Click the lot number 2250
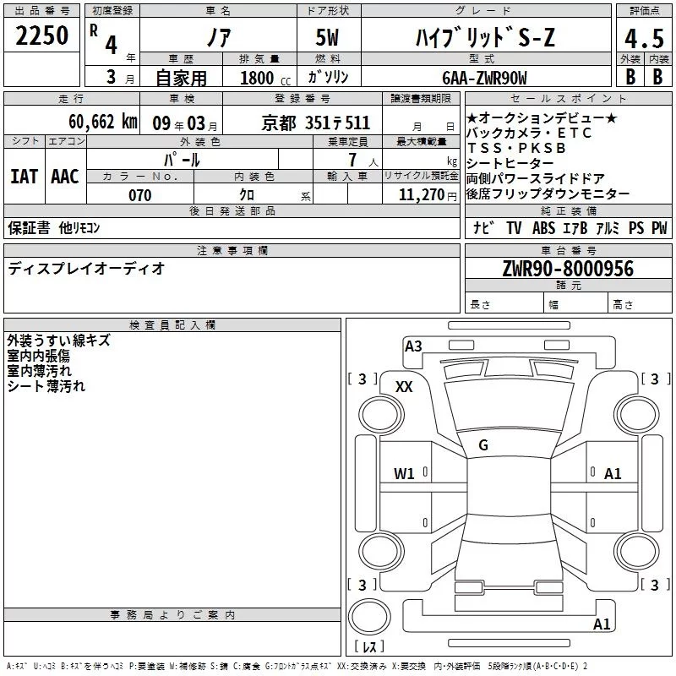(x=41, y=35)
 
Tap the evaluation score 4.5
(x=644, y=39)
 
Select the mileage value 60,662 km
(x=103, y=122)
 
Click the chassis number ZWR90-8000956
(x=568, y=269)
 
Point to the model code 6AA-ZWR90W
(x=484, y=78)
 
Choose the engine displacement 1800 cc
(x=265, y=78)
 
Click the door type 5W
(x=327, y=37)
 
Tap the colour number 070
(x=140, y=195)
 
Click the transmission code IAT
(x=25, y=177)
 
